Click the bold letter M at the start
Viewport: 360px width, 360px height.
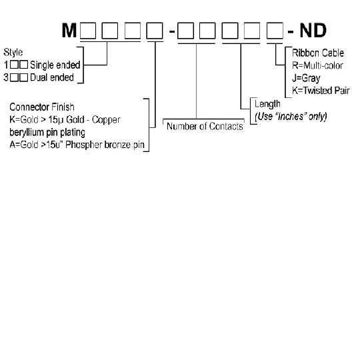[69, 31]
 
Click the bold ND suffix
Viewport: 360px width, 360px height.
[313, 31]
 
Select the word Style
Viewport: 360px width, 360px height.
[13, 53]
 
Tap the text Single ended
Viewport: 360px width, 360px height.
[55, 65]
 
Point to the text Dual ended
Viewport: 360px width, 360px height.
[52, 77]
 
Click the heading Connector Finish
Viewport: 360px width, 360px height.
[42, 107]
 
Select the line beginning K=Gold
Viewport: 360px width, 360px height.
[65, 119]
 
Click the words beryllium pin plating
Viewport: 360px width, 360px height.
[47, 133]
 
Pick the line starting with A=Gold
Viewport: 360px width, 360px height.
[77, 145]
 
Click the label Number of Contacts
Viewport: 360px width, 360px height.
[205, 126]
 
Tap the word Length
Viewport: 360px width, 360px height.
[267, 104]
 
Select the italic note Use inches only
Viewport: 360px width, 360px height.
[291, 117]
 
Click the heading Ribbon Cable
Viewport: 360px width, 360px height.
[318, 53]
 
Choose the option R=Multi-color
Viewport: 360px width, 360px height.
[317, 65]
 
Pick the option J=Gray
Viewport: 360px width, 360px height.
[306, 78]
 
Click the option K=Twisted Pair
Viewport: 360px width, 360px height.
[321, 91]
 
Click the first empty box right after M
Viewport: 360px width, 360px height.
[88, 31]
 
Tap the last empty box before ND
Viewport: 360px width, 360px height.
[275, 31]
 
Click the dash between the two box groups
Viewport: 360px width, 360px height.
[172, 31]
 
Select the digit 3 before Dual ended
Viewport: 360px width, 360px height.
[6, 77]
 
